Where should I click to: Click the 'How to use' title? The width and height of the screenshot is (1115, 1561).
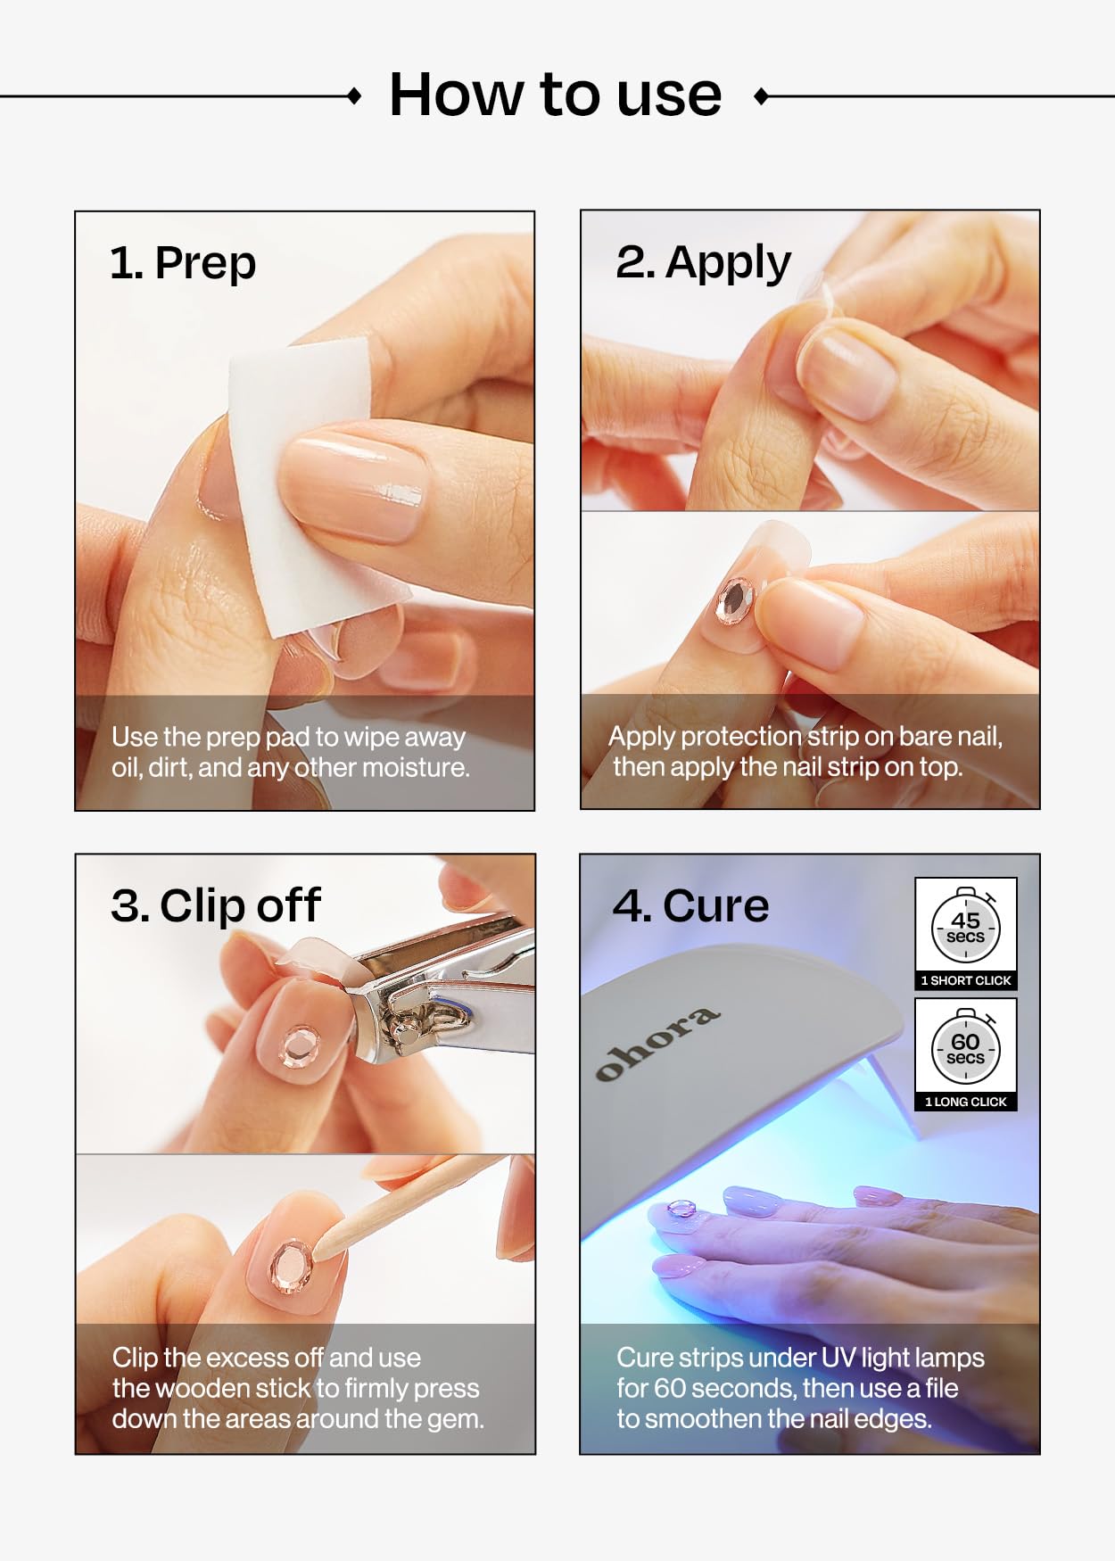point(555,95)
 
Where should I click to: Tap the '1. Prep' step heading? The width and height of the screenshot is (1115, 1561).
point(183,263)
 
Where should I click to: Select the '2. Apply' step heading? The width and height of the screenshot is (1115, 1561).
point(703,263)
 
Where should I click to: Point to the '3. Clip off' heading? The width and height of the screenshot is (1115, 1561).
point(215,905)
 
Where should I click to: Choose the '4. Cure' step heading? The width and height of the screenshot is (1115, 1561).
point(690,905)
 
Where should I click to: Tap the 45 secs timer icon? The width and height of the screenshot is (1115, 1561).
point(966,925)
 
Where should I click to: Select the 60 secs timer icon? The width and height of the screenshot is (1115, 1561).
point(966,1046)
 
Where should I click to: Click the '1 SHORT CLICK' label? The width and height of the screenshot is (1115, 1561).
point(966,980)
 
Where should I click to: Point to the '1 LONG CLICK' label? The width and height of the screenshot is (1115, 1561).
point(966,1102)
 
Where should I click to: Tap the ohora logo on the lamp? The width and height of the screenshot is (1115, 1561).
point(657,1044)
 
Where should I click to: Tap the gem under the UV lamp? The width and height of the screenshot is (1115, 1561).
point(682,1209)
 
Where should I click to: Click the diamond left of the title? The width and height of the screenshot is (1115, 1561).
point(354,96)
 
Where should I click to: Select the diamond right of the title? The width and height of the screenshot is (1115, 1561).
point(761,96)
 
